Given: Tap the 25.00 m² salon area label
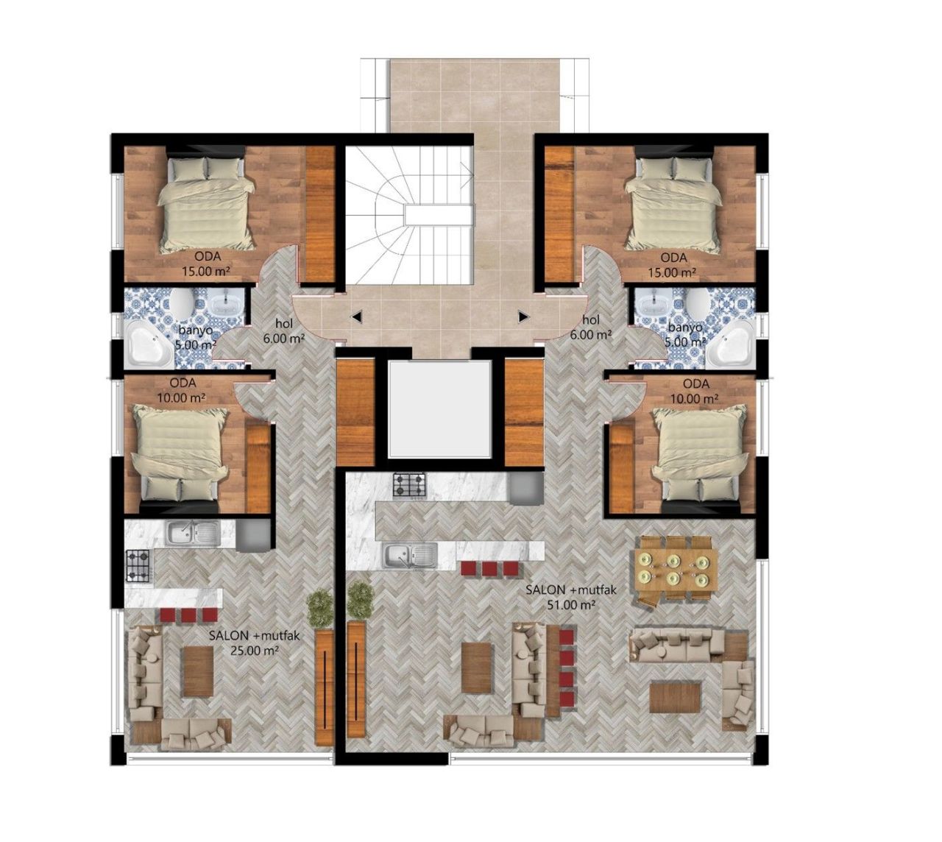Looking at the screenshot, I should [x=244, y=643].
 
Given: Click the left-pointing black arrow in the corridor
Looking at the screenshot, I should [x=357, y=317].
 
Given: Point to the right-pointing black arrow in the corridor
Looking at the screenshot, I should [x=523, y=317].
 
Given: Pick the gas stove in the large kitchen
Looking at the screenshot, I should [x=409, y=485].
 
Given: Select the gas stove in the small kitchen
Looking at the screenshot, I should [x=138, y=565].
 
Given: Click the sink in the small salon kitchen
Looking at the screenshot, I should [x=191, y=533].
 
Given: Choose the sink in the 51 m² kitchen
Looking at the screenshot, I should [x=409, y=555].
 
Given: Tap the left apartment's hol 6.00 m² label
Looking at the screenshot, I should [x=284, y=330].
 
